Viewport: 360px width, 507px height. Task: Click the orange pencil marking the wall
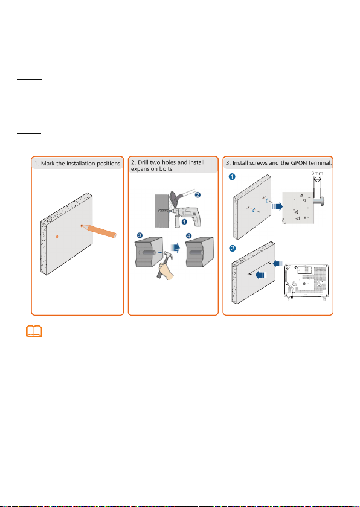coord(100,231)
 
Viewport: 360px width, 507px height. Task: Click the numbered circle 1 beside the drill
coord(185,222)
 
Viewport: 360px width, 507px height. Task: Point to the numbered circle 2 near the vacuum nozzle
coord(198,195)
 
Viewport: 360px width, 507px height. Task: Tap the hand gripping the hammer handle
coord(167,270)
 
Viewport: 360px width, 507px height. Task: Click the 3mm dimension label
coord(317,173)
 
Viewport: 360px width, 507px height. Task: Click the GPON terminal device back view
coord(306,281)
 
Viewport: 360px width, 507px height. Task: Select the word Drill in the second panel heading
coord(144,162)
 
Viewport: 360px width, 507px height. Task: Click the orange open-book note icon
coord(34,331)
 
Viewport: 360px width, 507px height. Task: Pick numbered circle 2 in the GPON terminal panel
coord(231,249)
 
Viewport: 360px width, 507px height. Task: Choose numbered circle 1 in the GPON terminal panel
coord(231,177)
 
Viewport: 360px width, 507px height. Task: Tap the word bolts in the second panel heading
coord(164,168)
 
